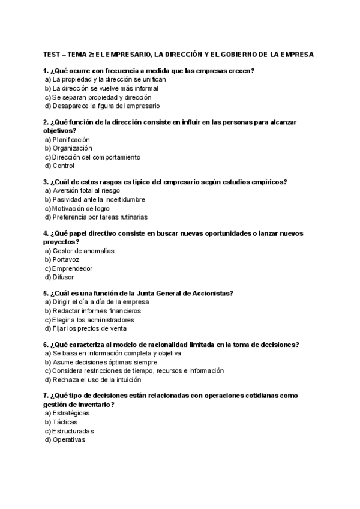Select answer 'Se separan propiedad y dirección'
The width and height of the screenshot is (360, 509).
tap(101, 97)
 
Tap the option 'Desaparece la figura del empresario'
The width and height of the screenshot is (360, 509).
tap(106, 106)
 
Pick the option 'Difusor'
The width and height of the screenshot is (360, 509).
tap(64, 277)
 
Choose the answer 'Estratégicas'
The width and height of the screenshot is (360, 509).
tap(74, 413)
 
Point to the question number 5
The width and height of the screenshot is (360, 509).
tap(46, 293)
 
